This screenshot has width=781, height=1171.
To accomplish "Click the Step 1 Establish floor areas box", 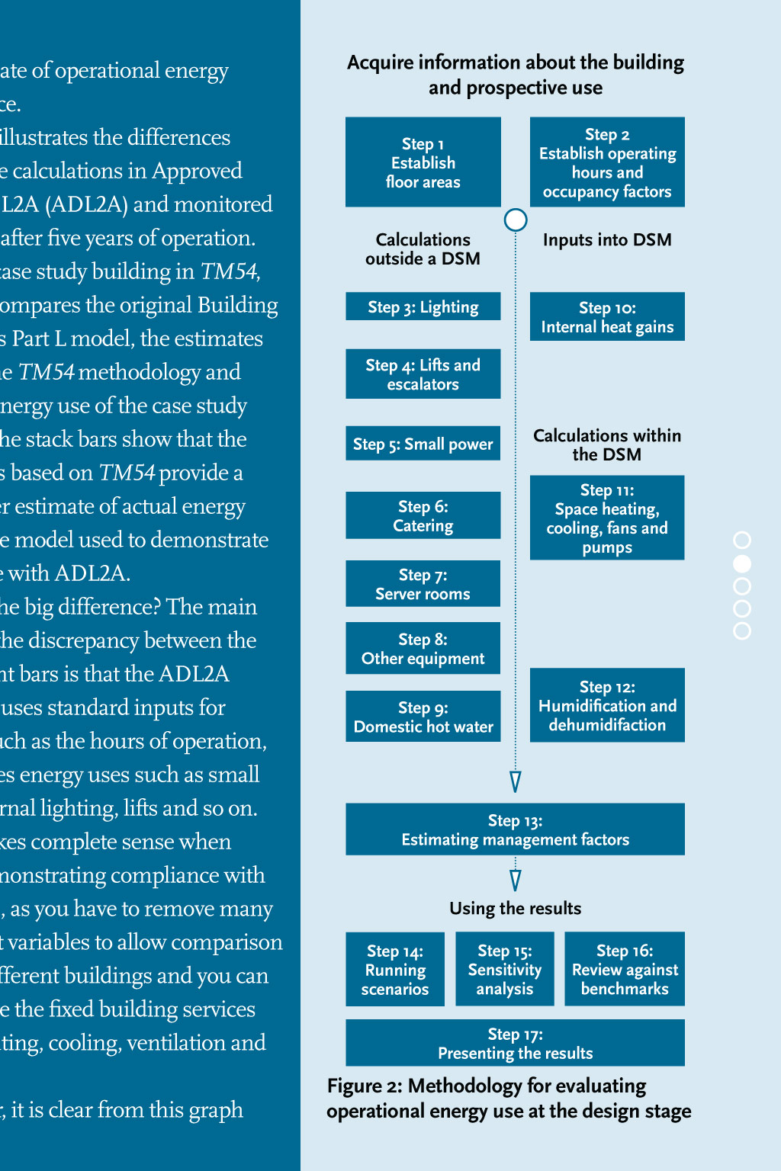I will click(x=423, y=162).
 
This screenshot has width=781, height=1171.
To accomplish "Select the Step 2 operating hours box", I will click(x=607, y=162).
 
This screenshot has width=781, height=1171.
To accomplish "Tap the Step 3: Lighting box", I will click(x=423, y=306).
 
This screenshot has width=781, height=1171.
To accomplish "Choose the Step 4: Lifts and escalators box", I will click(x=423, y=374).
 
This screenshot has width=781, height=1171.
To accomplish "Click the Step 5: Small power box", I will click(x=423, y=444).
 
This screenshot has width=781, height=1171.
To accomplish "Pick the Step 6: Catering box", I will click(x=423, y=515).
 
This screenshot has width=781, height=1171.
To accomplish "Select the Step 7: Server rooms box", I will click(x=423, y=584).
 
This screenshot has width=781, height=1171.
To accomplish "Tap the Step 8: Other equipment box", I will click(x=423, y=648).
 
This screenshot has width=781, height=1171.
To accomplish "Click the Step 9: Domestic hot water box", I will click(x=423, y=717).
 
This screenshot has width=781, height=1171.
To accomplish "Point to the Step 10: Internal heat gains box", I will click(x=607, y=316).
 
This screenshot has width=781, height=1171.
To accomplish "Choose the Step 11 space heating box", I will click(x=607, y=518).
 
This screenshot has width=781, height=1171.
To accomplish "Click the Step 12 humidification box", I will click(x=607, y=705).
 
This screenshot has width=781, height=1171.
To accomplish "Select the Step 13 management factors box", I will click(x=515, y=829).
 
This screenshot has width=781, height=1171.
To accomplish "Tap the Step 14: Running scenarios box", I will click(x=394, y=969).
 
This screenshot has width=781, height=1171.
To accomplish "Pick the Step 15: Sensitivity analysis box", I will click(x=504, y=969).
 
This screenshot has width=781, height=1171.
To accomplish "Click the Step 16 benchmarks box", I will click(x=625, y=969).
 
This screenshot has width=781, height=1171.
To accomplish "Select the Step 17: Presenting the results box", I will click(x=515, y=1043).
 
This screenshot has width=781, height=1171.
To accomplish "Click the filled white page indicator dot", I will click(x=742, y=563).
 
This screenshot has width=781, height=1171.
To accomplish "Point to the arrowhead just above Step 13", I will click(x=516, y=781).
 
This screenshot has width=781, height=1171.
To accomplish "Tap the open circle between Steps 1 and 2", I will click(x=516, y=220).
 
